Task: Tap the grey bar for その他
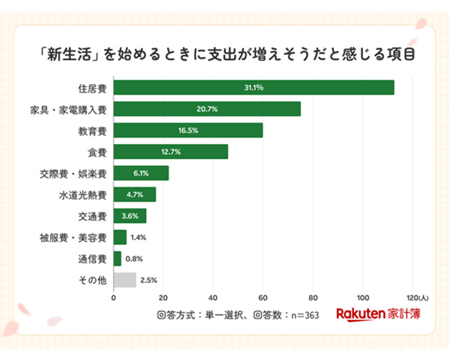(x=125, y=280)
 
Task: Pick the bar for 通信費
(x=117, y=258)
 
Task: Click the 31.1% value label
(x=254, y=88)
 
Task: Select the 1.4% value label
(x=138, y=237)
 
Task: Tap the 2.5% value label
(x=148, y=280)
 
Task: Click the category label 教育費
(x=93, y=130)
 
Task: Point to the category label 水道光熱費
(x=83, y=194)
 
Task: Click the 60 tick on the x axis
(x=263, y=298)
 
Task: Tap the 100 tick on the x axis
(x=363, y=298)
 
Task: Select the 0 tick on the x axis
(x=114, y=298)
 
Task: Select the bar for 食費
(x=171, y=152)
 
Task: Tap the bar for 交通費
(x=130, y=216)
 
